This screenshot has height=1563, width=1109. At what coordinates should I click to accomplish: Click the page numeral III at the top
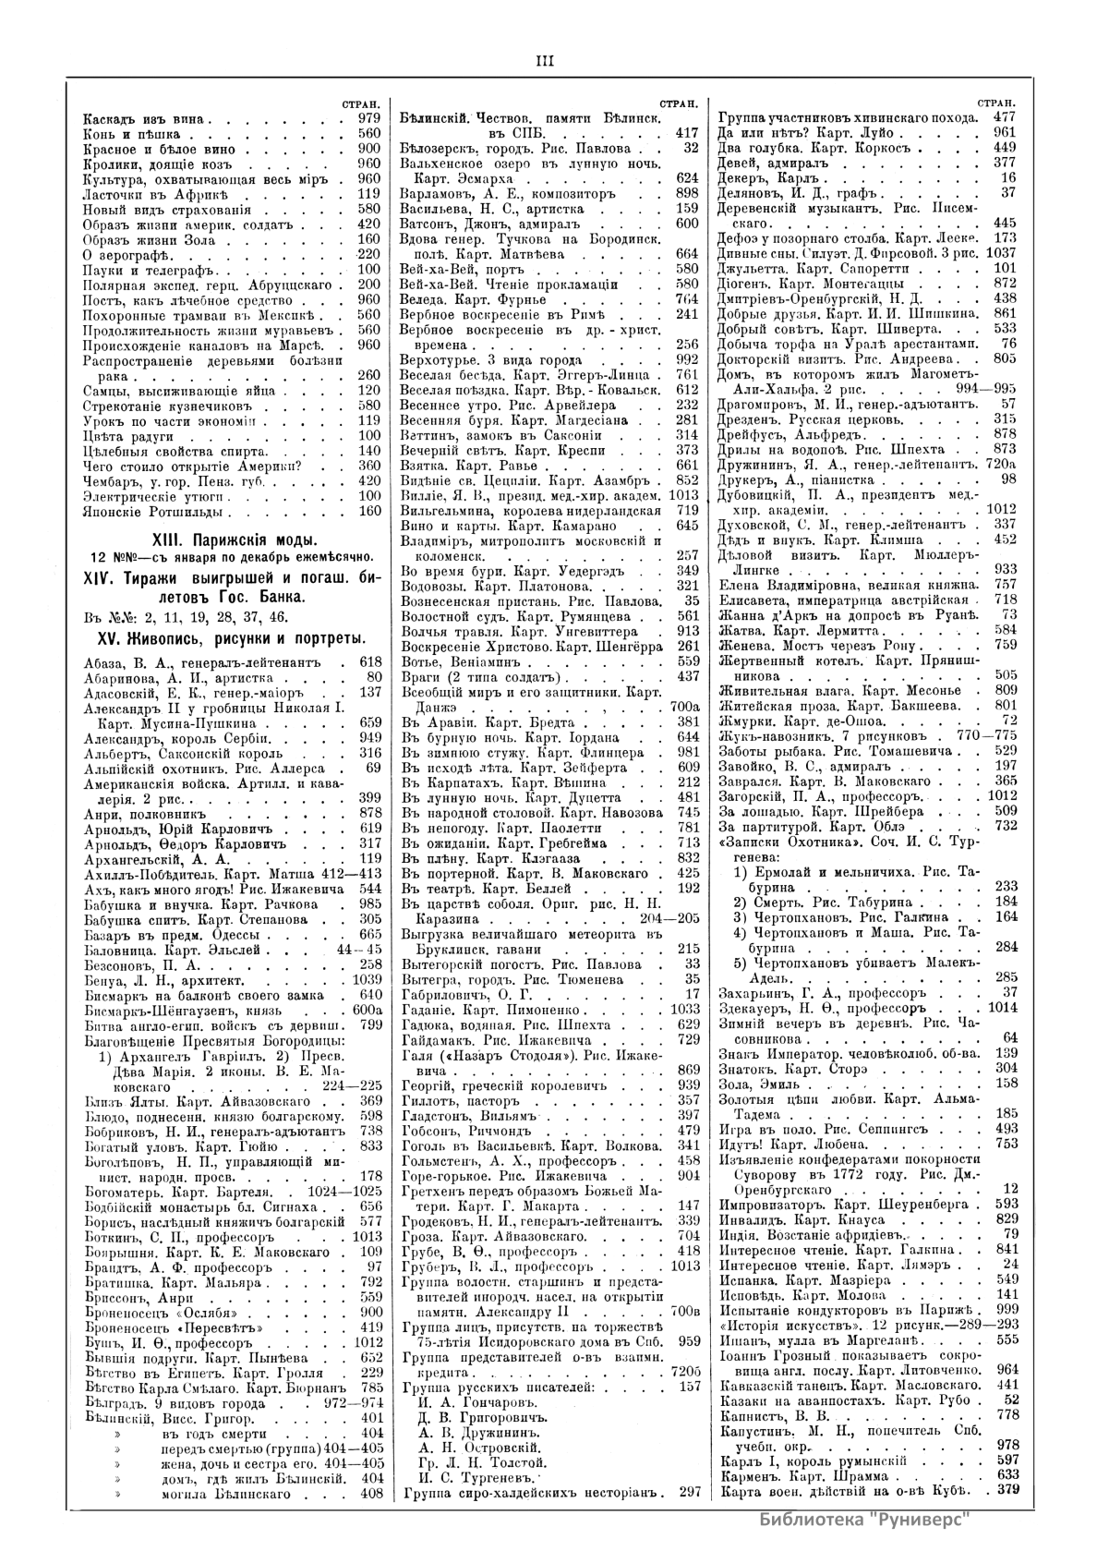pos(545,61)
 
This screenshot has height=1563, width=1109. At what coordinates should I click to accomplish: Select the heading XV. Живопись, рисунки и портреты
pos(220,638)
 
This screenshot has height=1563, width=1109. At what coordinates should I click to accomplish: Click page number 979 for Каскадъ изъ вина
pos(369,119)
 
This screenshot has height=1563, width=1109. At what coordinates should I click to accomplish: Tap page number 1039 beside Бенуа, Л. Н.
pos(367,979)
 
